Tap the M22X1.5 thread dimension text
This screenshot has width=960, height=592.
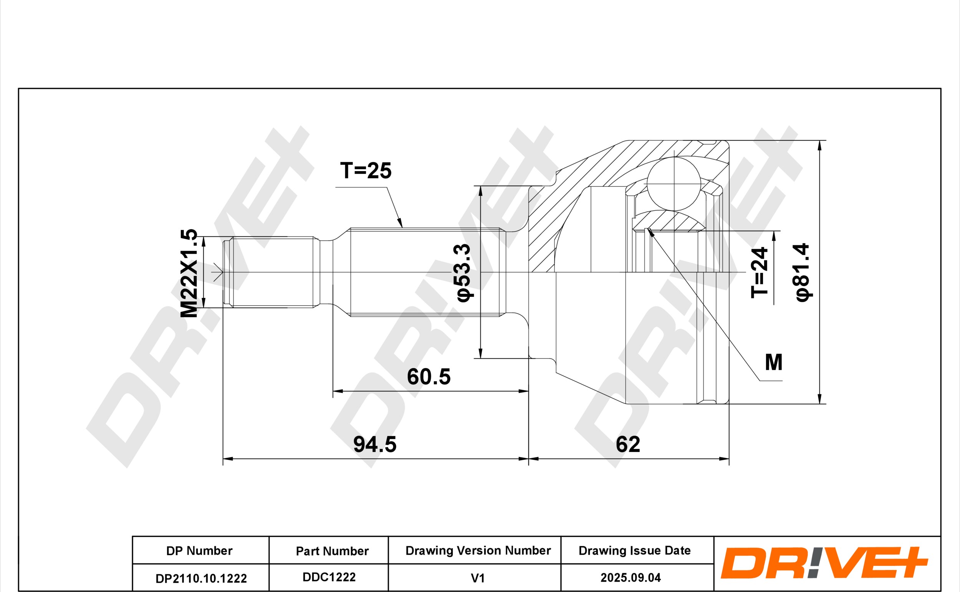pyautogui.click(x=189, y=273)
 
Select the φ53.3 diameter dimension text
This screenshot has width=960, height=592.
pyautogui.click(x=464, y=273)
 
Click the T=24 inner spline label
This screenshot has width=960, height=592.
pyautogui.click(x=760, y=273)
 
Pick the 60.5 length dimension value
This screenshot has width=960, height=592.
pyautogui.click(x=429, y=377)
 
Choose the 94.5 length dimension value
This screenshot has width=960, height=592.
pyautogui.click(x=375, y=444)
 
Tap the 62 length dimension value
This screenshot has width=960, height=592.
pyautogui.click(x=628, y=444)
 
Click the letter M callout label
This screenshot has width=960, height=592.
pyautogui.click(x=774, y=362)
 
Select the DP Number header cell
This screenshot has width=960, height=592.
pyautogui.click(x=199, y=551)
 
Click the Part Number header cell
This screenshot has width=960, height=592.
pyautogui.click(x=333, y=551)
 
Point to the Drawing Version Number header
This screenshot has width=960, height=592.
pyautogui.click(x=478, y=551)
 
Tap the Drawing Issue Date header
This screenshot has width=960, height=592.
pyautogui.click(x=635, y=551)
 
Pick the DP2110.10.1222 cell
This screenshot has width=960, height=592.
pyautogui.click(x=201, y=579)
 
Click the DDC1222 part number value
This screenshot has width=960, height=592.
pyautogui.click(x=329, y=577)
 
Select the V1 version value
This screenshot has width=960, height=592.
pyautogui.click(x=478, y=578)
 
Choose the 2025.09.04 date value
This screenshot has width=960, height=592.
pyautogui.click(x=631, y=578)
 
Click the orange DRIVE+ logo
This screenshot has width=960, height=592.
pyautogui.click(x=824, y=563)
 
